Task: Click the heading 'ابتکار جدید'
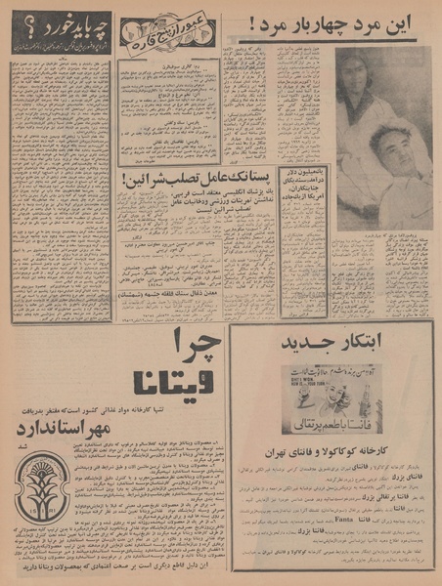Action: pyautogui.click(x=331, y=344)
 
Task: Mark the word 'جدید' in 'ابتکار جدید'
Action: pyautogui.click(x=303, y=344)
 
